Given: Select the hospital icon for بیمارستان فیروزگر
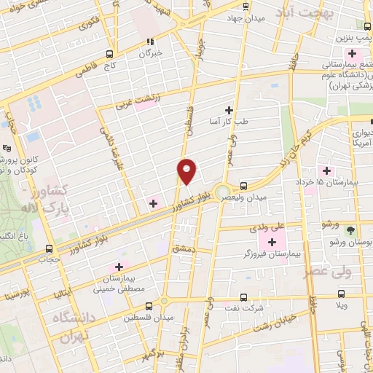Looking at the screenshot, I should pyautogui.click(x=273, y=242).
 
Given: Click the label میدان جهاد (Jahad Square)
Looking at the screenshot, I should pyautogui.click(x=243, y=18).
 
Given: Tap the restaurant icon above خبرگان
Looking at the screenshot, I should pyautogui.click(x=151, y=42).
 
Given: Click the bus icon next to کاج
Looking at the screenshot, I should pyautogui.click(x=109, y=54).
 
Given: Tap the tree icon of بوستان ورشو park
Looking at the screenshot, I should pyautogui.click(x=351, y=229).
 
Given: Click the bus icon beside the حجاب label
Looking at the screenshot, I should pyautogui.click(x=49, y=248).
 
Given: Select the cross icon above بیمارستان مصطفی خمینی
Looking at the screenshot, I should pyautogui.click(x=119, y=267).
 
